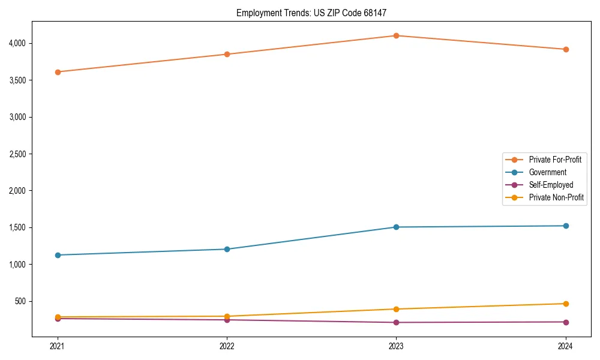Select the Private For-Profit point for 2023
(x=396, y=35)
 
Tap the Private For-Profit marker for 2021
(x=58, y=72)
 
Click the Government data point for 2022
(x=227, y=249)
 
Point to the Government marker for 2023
(x=396, y=227)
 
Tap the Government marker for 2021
(x=58, y=255)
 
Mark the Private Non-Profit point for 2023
(x=396, y=309)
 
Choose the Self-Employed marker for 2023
(x=396, y=322)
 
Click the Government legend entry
(x=547, y=172)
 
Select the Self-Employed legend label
(x=551, y=185)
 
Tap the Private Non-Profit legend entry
(x=556, y=197)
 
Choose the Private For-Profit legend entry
(x=555, y=160)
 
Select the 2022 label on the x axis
(x=227, y=346)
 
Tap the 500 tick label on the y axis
(x=22, y=301)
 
